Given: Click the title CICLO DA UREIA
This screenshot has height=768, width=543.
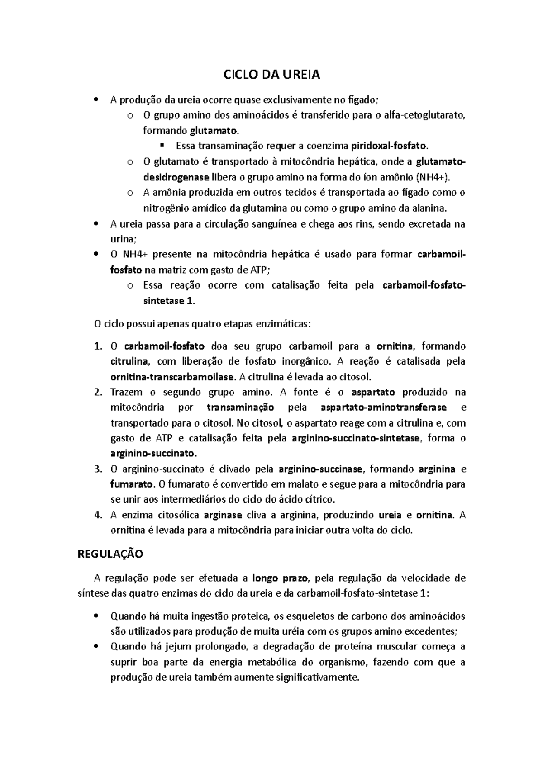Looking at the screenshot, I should (272, 75).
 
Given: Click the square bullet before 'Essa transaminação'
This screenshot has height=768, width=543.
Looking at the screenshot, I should (161, 146).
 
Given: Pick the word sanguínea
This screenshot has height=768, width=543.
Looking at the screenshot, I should (275, 224).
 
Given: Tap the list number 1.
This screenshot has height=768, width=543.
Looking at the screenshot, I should (98, 347).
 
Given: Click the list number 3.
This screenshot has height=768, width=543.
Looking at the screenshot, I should (98, 469).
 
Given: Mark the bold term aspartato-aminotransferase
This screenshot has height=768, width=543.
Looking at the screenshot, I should (383, 408).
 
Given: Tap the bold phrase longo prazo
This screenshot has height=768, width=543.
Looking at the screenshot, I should (280, 578).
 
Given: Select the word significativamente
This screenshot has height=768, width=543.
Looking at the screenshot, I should (317, 678).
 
